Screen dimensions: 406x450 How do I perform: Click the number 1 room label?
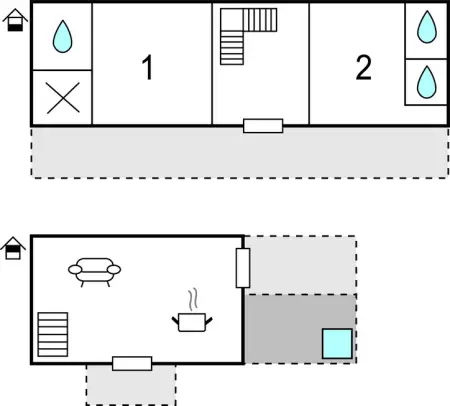[148, 69]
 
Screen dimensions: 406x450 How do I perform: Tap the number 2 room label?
[363, 68]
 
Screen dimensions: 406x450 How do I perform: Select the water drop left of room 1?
[63, 37]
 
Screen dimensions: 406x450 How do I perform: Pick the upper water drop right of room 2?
[427, 28]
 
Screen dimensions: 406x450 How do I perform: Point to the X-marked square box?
[63, 98]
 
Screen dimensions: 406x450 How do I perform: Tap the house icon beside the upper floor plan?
[14, 20]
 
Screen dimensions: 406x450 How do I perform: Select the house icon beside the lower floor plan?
[14, 247]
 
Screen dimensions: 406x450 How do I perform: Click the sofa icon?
[94, 270]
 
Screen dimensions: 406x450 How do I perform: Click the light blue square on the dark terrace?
[337, 343]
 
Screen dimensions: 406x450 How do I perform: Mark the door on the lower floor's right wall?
[242, 268]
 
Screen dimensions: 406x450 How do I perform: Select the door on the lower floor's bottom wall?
[132, 363]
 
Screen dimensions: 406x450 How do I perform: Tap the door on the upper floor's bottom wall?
[263, 126]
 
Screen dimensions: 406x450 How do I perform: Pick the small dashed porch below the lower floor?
[130, 388]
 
